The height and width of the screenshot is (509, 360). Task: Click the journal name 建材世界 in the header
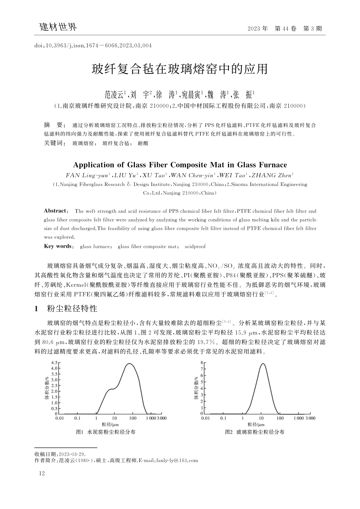click(x=58, y=27)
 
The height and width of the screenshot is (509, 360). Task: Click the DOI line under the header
click(x=93, y=46)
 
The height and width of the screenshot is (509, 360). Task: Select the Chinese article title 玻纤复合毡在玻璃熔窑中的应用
click(x=180, y=69)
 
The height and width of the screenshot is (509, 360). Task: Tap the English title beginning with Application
click(x=180, y=165)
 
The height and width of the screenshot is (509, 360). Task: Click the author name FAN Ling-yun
click(x=88, y=175)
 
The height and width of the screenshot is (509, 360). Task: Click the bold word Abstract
click(x=56, y=211)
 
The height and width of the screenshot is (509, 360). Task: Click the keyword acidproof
click(x=195, y=247)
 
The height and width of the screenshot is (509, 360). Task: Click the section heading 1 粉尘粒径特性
click(x=66, y=309)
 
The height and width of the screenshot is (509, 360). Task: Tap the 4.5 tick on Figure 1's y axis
click(x=53, y=363)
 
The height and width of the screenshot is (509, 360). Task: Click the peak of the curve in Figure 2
click(x=262, y=364)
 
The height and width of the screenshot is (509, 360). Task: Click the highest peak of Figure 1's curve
click(x=130, y=364)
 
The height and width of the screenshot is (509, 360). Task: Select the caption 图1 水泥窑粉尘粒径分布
click(x=106, y=432)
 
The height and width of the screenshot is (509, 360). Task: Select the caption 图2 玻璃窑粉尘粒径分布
click(x=255, y=432)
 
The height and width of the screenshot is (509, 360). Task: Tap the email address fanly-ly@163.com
click(x=177, y=461)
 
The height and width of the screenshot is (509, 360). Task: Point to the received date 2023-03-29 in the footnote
click(x=72, y=454)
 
